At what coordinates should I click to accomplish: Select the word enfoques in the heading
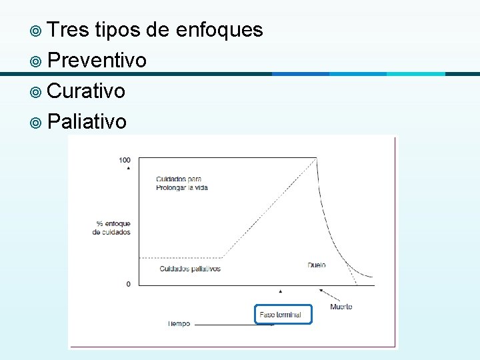tap(219, 29)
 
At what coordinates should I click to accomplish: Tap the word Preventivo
tap(97, 61)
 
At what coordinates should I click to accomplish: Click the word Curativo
tap(87, 91)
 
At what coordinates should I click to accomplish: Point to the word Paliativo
tap(87, 121)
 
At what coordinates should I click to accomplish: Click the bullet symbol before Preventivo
tap(35, 61)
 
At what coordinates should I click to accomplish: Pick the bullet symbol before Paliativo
tap(35, 122)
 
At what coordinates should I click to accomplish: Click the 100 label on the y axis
tap(125, 160)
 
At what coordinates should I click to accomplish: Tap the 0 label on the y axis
tap(128, 285)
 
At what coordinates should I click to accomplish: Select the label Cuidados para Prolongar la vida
tap(182, 183)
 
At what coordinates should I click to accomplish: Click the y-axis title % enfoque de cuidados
tap(112, 228)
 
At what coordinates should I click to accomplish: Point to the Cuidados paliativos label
tap(190, 269)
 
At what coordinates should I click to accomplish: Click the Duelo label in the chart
tap(317, 265)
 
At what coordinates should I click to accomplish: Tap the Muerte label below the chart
tap(341, 307)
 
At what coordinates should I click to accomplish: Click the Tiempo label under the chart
tap(179, 324)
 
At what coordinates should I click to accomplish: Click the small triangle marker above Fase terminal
tap(281, 291)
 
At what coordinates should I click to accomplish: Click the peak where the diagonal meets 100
tap(316, 158)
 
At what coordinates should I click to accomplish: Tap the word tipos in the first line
tap(118, 29)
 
